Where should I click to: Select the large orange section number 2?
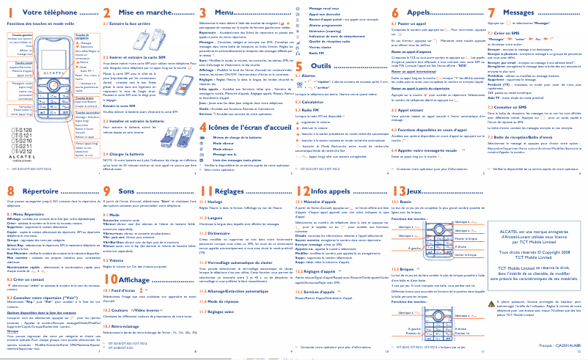pos(105,13)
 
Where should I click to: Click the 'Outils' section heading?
pos(320,66)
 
